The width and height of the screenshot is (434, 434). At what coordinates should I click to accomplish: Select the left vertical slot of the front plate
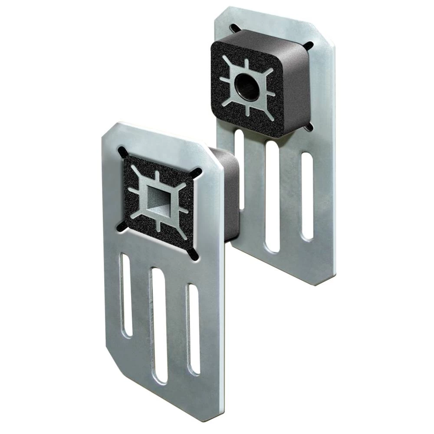tap(126, 295)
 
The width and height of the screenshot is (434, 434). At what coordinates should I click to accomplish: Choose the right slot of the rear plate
tap(307, 196)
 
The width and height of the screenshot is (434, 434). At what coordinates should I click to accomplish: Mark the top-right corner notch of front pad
tap(196, 172)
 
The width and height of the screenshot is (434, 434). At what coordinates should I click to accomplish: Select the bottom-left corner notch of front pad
tap(122, 227)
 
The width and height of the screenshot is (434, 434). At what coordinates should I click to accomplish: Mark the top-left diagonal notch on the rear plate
tap(235, 29)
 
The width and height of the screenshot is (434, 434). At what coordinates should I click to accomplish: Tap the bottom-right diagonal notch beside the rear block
tap(309, 127)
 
